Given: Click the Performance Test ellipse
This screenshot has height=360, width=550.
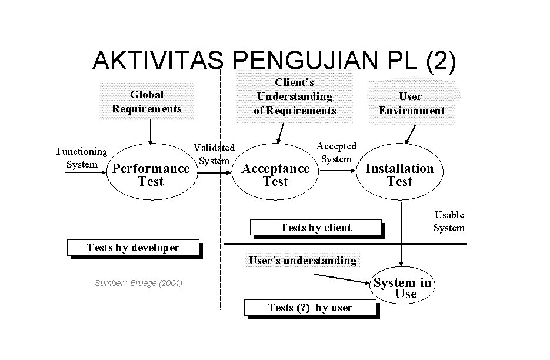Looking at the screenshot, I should point(151,175).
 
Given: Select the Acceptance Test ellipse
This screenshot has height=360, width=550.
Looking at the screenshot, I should point(275,175).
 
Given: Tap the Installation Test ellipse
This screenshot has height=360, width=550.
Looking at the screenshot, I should point(399,175).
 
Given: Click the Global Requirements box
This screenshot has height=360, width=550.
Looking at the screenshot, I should point(146,101).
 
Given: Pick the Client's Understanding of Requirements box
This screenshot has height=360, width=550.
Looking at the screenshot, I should point(294,97).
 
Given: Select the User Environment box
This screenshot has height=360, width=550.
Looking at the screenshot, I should point(411,104).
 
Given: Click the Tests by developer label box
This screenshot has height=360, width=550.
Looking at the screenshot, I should point(133,248).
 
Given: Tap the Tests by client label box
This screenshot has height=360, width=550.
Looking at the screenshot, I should point(315,228).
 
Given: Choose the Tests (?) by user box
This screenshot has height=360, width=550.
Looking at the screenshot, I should point(310,308).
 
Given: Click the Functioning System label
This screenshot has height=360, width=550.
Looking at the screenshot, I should point(82,158).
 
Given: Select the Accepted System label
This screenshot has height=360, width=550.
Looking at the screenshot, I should point(336,152).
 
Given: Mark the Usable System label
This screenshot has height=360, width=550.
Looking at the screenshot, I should point(449,221).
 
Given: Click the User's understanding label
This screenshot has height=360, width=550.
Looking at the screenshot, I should point(302,260).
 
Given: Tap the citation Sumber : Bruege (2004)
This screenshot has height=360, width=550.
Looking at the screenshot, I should point(138,284).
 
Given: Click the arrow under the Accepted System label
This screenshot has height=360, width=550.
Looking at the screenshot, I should point(338,171).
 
